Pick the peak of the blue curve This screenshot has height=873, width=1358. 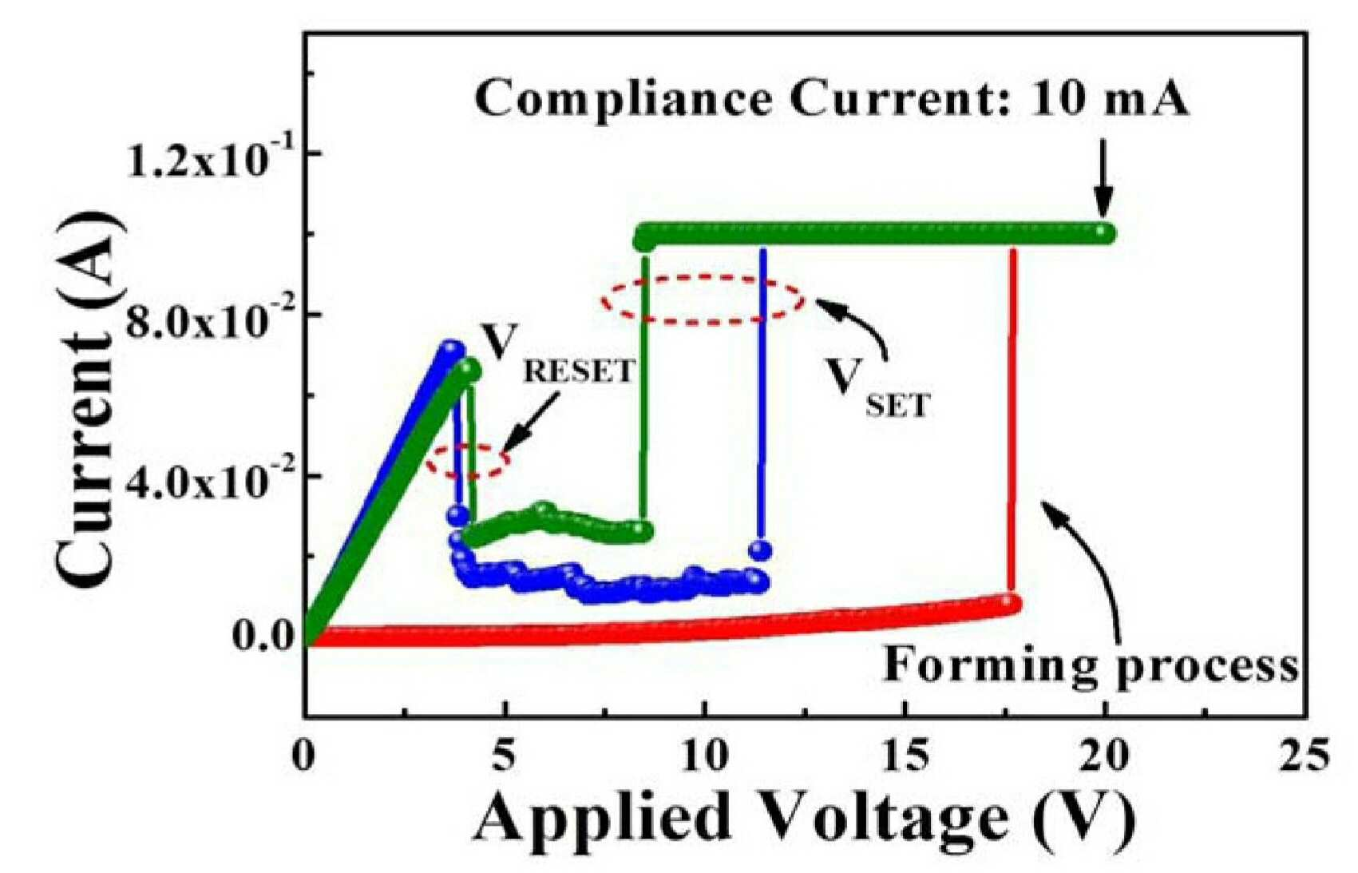449,348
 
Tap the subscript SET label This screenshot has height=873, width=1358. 897,406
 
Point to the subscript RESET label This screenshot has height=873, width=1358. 578,371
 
